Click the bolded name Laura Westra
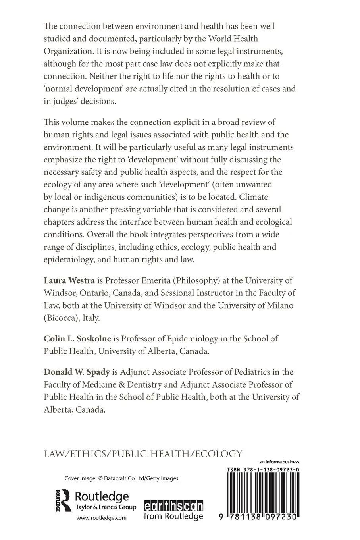[x=69, y=281]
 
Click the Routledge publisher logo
[x=95, y=501]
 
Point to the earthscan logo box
[x=173, y=506]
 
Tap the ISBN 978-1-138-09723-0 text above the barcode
[x=263, y=469]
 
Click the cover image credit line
[x=121, y=478]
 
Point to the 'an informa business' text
[x=279, y=462]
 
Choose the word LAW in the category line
[x=54, y=453]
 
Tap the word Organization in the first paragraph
[x=69, y=51]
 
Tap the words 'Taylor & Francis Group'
[x=106, y=507]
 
